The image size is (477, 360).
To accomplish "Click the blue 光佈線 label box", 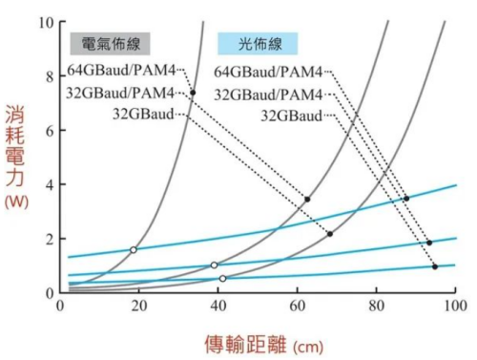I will coord(258,43).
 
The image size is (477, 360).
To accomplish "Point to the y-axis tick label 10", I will coord(44,21).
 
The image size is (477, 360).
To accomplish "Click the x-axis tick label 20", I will coord(138,306).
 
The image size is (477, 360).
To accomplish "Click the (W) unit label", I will coord(16,202).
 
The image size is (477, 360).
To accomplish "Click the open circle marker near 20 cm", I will coord(134,249).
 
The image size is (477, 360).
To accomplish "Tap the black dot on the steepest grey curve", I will coord(193,93).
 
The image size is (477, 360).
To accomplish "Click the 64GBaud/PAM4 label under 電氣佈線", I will coord(121,71).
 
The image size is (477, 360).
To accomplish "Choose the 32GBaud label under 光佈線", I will coord(292,115).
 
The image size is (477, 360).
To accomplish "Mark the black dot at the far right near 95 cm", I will coord(435,266).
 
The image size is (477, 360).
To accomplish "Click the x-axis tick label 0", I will coord(59,306).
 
